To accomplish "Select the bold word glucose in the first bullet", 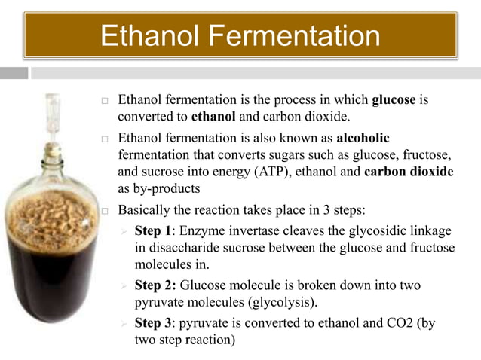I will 395,101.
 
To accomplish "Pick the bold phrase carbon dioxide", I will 409,172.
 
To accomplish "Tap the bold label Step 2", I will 155,286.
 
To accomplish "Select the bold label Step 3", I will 154,323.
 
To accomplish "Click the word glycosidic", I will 371,231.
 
